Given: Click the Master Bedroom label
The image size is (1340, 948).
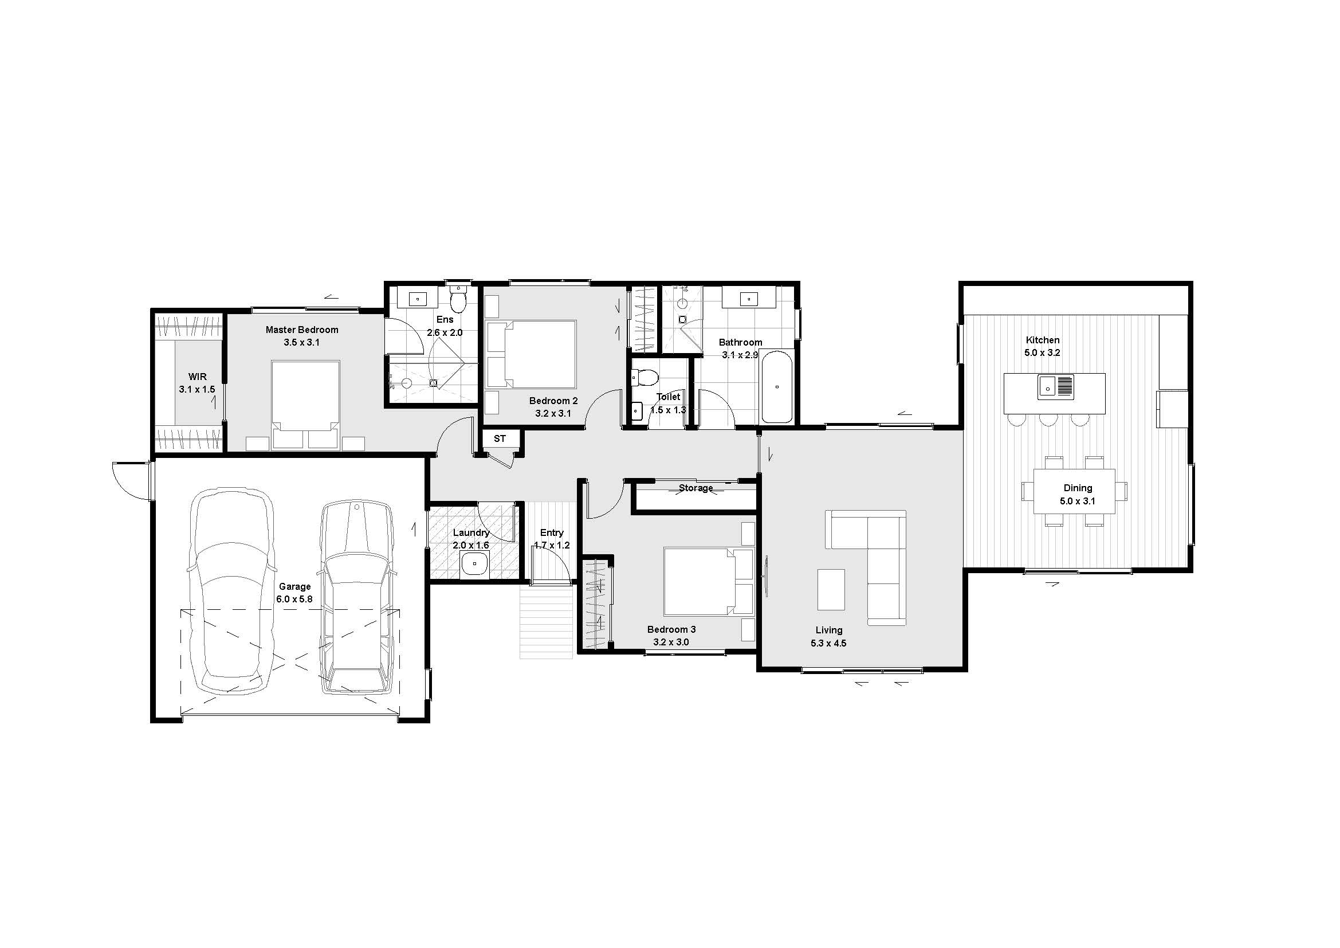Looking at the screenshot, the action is pyautogui.click(x=302, y=330).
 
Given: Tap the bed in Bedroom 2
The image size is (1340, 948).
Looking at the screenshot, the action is pyautogui.click(x=532, y=354).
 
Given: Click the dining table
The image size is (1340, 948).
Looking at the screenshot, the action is pyautogui.click(x=1074, y=491).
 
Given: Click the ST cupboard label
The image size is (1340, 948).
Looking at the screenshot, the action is pyautogui.click(x=500, y=438).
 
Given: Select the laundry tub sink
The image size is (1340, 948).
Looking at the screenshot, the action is pyautogui.click(x=476, y=565).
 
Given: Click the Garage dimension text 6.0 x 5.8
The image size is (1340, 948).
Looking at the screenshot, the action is pyautogui.click(x=294, y=599).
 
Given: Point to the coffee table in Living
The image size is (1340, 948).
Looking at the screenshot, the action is pyautogui.click(x=831, y=590).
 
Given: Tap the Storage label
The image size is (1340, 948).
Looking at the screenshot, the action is pyautogui.click(x=695, y=488).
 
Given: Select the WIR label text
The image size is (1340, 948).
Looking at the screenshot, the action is pyautogui.click(x=197, y=377).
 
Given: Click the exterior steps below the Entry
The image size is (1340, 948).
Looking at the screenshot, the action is pyautogui.click(x=547, y=623).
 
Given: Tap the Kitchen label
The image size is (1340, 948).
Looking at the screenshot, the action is pyautogui.click(x=1042, y=340).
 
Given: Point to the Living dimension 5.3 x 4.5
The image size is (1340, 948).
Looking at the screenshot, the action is pyautogui.click(x=829, y=643).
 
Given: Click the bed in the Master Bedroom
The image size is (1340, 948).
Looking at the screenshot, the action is pyautogui.click(x=305, y=405).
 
